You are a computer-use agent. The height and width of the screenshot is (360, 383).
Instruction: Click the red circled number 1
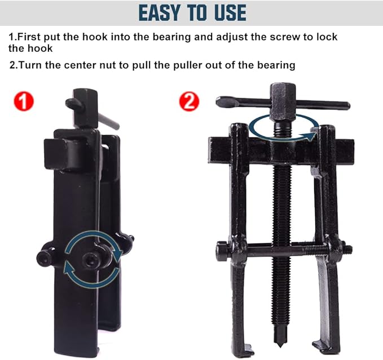pyautogui.click(x=24, y=101)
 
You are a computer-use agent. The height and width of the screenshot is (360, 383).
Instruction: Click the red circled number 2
pyautogui.click(x=189, y=101)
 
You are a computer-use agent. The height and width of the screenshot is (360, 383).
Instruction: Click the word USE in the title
pyautogui.click(x=227, y=12)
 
